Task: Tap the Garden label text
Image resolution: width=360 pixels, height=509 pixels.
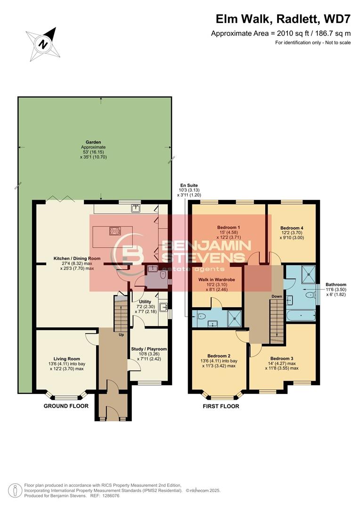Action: tap(93, 141)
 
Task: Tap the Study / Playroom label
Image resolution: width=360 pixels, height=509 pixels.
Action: tap(149, 349)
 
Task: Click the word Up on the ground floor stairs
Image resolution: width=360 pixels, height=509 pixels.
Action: tap(121, 335)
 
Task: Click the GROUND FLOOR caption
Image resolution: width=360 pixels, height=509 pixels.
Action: tap(66, 406)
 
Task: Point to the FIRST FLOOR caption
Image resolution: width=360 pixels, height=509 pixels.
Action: tap(221, 406)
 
